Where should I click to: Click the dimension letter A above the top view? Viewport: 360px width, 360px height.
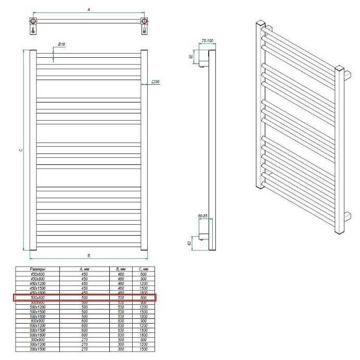tap(89, 9)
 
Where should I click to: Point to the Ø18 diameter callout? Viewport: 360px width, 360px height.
tap(61, 45)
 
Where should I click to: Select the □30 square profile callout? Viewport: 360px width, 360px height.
tap(155, 82)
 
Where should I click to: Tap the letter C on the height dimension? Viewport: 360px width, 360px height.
tap(20, 150)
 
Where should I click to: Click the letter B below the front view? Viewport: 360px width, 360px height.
tap(89, 255)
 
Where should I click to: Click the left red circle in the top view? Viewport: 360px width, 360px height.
tap(33, 22)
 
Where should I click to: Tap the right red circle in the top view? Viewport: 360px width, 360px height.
tap(145, 22)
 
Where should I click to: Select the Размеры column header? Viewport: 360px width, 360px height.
tap(37, 269)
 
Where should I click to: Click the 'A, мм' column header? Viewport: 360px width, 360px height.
tap(86, 269)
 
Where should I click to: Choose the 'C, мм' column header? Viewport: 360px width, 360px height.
tap(144, 269)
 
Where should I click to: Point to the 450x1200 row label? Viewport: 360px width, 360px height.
tap(37, 284)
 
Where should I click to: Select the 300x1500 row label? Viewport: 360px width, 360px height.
tap(37, 350)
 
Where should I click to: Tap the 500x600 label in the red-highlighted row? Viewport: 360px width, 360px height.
tap(37, 298)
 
